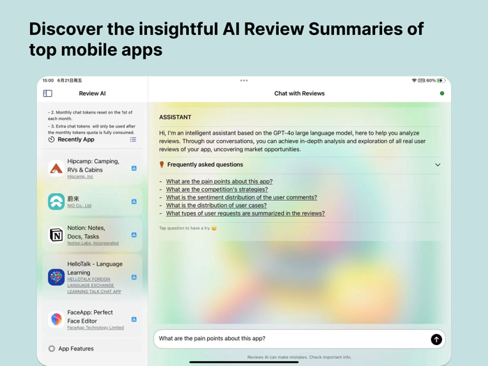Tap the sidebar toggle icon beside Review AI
coord(47,93)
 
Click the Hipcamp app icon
coord(56,168)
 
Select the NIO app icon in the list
coord(56,201)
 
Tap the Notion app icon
coord(56,235)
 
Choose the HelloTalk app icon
coord(56,277)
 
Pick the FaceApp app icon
coord(56,319)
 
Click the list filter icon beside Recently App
coord(133,139)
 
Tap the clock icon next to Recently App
coord(52,139)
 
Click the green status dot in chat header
coord(442,93)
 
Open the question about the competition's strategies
coord(217,190)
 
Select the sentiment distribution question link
coord(241,197)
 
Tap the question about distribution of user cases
coord(216,206)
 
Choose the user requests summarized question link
coord(245,213)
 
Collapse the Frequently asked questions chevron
coord(438,165)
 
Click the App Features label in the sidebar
coord(76,349)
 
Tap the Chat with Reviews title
coord(299,93)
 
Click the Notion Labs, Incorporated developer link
coord(93,243)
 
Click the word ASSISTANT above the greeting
coord(175,117)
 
